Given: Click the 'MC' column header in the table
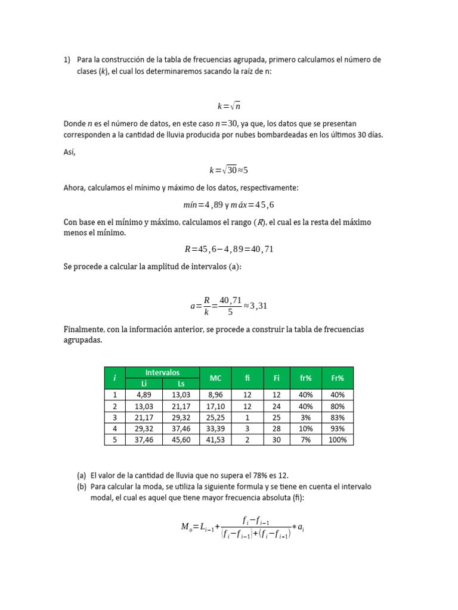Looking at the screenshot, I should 216,378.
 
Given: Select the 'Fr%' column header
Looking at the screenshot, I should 338,378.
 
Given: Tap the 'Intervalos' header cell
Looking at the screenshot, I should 162,372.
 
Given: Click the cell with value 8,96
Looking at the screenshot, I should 216,394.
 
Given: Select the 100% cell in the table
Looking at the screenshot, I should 338,440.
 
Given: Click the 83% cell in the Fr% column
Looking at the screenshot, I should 338,417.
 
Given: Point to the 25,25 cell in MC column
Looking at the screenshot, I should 216,417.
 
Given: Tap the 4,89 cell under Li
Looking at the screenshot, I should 144,394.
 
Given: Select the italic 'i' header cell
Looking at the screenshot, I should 114,378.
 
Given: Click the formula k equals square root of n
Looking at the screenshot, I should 228,106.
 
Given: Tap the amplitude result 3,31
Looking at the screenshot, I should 259,306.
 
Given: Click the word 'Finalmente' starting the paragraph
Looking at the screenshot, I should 83,329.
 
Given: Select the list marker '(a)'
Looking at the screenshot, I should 82,475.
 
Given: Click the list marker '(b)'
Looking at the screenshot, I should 82,487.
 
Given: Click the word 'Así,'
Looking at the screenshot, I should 70,152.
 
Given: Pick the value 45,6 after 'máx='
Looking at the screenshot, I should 262,205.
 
